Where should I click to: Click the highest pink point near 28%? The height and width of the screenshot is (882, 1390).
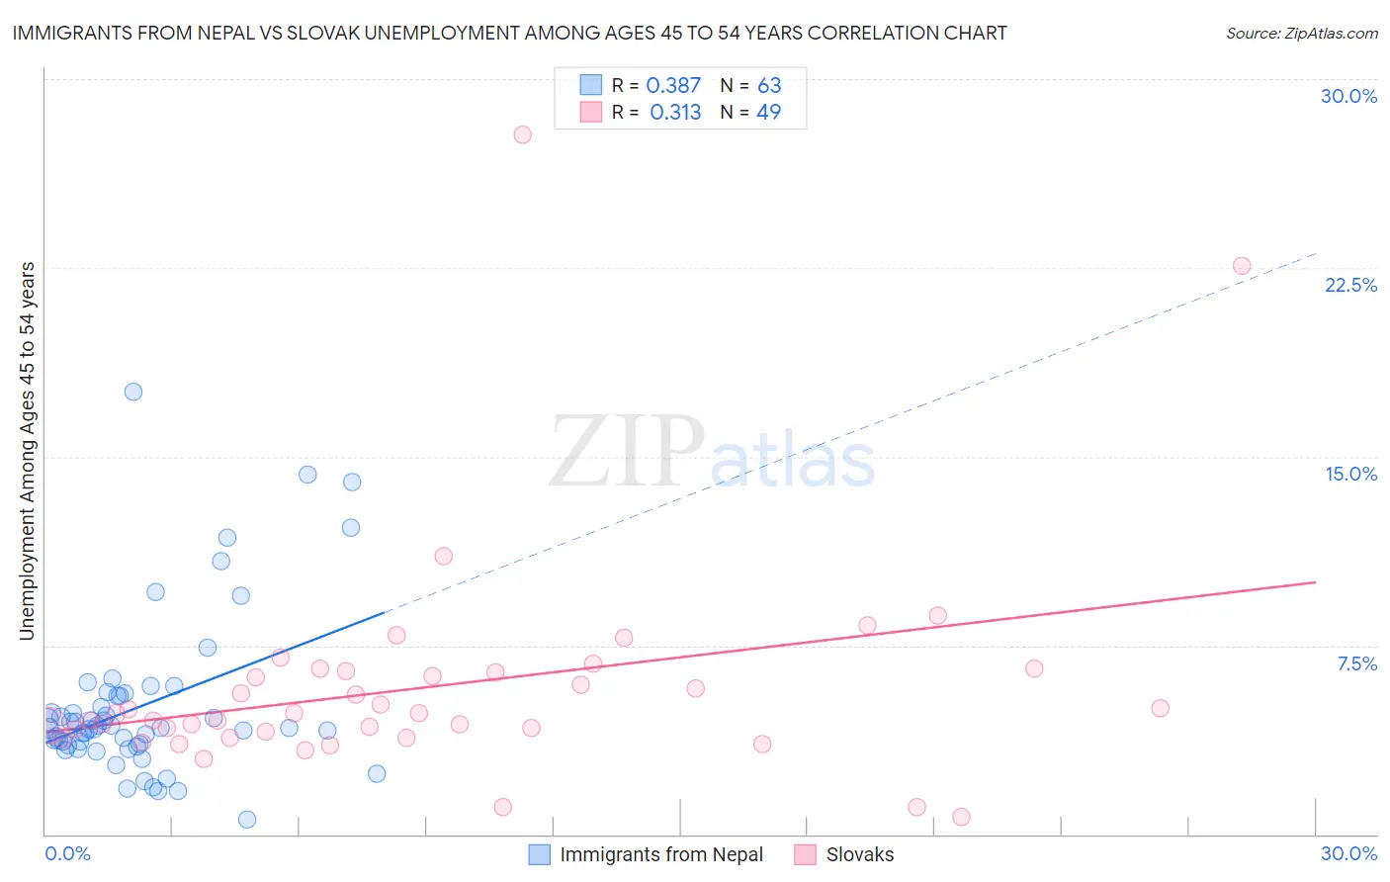(522, 134)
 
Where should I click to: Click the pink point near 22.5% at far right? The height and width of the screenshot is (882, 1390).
(1242, 266)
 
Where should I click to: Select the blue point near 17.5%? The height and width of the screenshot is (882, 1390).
(133, 392)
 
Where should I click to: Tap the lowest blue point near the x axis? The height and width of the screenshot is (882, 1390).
(247, 819)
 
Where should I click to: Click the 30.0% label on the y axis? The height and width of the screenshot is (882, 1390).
(1348, 96)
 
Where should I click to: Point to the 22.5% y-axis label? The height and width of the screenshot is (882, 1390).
(1350, 285)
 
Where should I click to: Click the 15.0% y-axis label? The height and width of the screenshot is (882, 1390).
(1350, 474)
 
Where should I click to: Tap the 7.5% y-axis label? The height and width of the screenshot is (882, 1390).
(1356, 663)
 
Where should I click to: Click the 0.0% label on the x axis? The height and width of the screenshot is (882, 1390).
(67, 853)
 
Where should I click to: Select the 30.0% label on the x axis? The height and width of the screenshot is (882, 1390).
(1348, 853)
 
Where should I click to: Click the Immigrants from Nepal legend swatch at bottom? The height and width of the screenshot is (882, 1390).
(539, 854)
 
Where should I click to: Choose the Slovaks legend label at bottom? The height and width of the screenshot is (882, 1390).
(859, 854)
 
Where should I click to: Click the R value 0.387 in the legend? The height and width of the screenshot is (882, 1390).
(673, 86)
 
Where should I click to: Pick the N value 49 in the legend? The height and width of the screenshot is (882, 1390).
(768, 113)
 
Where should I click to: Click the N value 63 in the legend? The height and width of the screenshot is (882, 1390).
(769, 86)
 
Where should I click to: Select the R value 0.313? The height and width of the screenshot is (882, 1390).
(675, 113)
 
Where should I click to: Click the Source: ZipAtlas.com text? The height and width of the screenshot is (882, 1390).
(1301, 34)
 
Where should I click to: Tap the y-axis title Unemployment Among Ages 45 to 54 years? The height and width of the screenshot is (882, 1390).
(27, 451)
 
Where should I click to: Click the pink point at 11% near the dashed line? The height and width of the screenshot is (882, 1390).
(443, 556)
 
